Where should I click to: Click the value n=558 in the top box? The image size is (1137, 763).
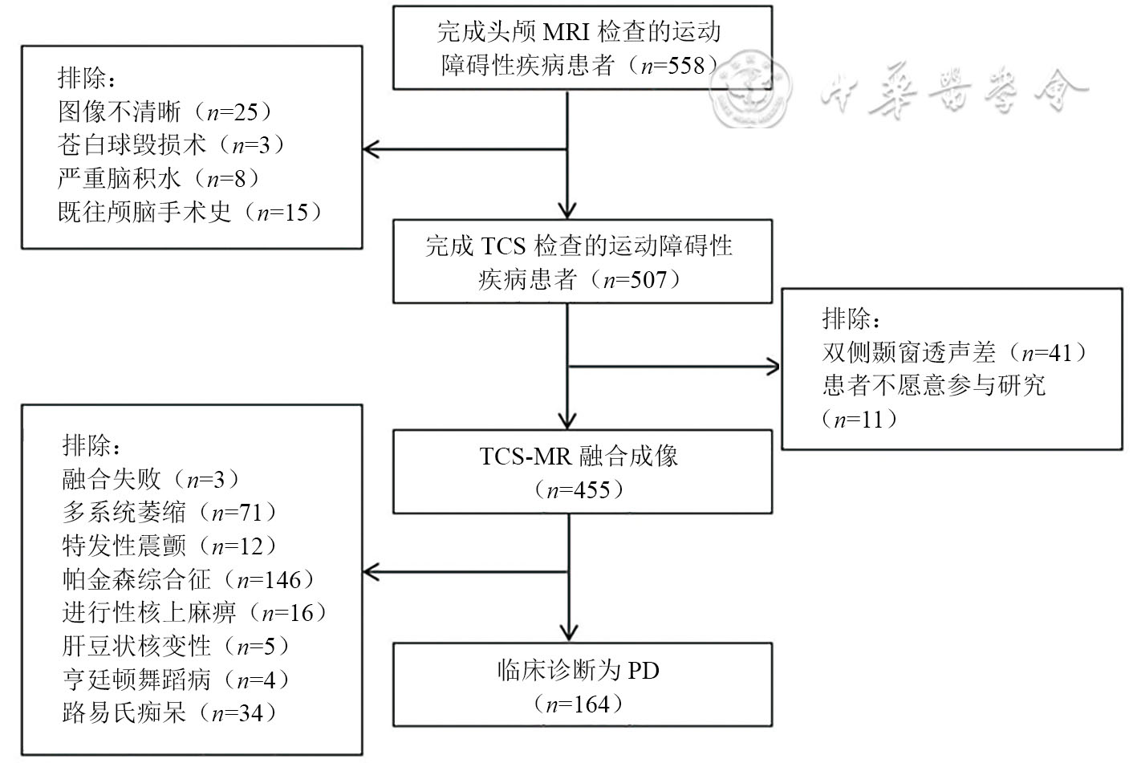click(x=672, y=66)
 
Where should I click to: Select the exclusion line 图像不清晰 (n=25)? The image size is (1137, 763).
click(x=164, y=112)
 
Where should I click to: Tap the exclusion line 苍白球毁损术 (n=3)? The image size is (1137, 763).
click(x=171, y=145)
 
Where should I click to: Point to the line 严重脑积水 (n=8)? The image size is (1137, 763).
click(x=159, y=178)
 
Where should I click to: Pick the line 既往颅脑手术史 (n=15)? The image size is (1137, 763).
click(x=189, y=213)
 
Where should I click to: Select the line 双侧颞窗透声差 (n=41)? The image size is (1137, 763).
click(x=955, y=352)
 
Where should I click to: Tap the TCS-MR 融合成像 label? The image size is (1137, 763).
click(x=579, y=457)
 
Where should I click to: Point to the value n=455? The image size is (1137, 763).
click(x=579, y=489)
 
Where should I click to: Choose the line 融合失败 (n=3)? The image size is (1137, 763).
click(x=151, y=480)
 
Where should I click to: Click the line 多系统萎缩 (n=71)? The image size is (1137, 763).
click(x=169, y=513)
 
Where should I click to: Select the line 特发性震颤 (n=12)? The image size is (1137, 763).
click(x=169, y=546)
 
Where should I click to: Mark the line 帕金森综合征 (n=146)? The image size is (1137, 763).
click(x=189, y=579)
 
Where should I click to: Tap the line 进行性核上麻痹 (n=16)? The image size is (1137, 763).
click(x=195, y=613)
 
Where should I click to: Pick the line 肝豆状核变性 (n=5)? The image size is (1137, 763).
click(x=176, y=646)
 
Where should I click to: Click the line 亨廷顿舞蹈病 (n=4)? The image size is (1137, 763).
click(x=176, y=680)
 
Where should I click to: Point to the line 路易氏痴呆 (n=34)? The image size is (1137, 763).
click(x=169, y=712)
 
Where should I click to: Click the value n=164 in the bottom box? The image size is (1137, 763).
click(x=579, y=705)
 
